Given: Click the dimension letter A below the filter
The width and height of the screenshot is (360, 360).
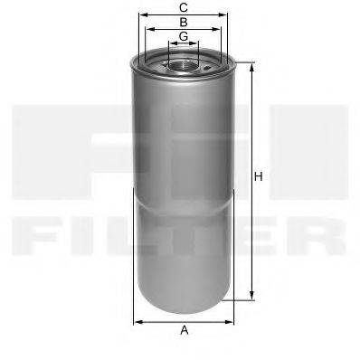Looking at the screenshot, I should tap(184, 330).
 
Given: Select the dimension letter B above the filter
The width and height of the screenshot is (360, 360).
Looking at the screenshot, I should tap(184, 21).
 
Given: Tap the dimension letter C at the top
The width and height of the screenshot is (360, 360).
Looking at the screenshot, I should tap(184, 7).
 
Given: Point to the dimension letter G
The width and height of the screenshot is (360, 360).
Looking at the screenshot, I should tap(184, 36).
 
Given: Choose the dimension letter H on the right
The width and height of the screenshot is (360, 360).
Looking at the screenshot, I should tap(259, 176).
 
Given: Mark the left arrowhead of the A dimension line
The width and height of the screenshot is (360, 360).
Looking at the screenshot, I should tap(137, 321).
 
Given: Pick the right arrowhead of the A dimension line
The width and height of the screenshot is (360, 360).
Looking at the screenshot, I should tap(232, 321).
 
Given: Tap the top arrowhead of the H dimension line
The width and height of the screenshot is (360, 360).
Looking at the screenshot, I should tap(251, 65).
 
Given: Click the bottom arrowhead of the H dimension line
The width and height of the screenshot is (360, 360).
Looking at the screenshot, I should tap(251, 297).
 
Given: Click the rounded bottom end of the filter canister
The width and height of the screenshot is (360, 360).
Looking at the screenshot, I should tap(184, 301).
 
